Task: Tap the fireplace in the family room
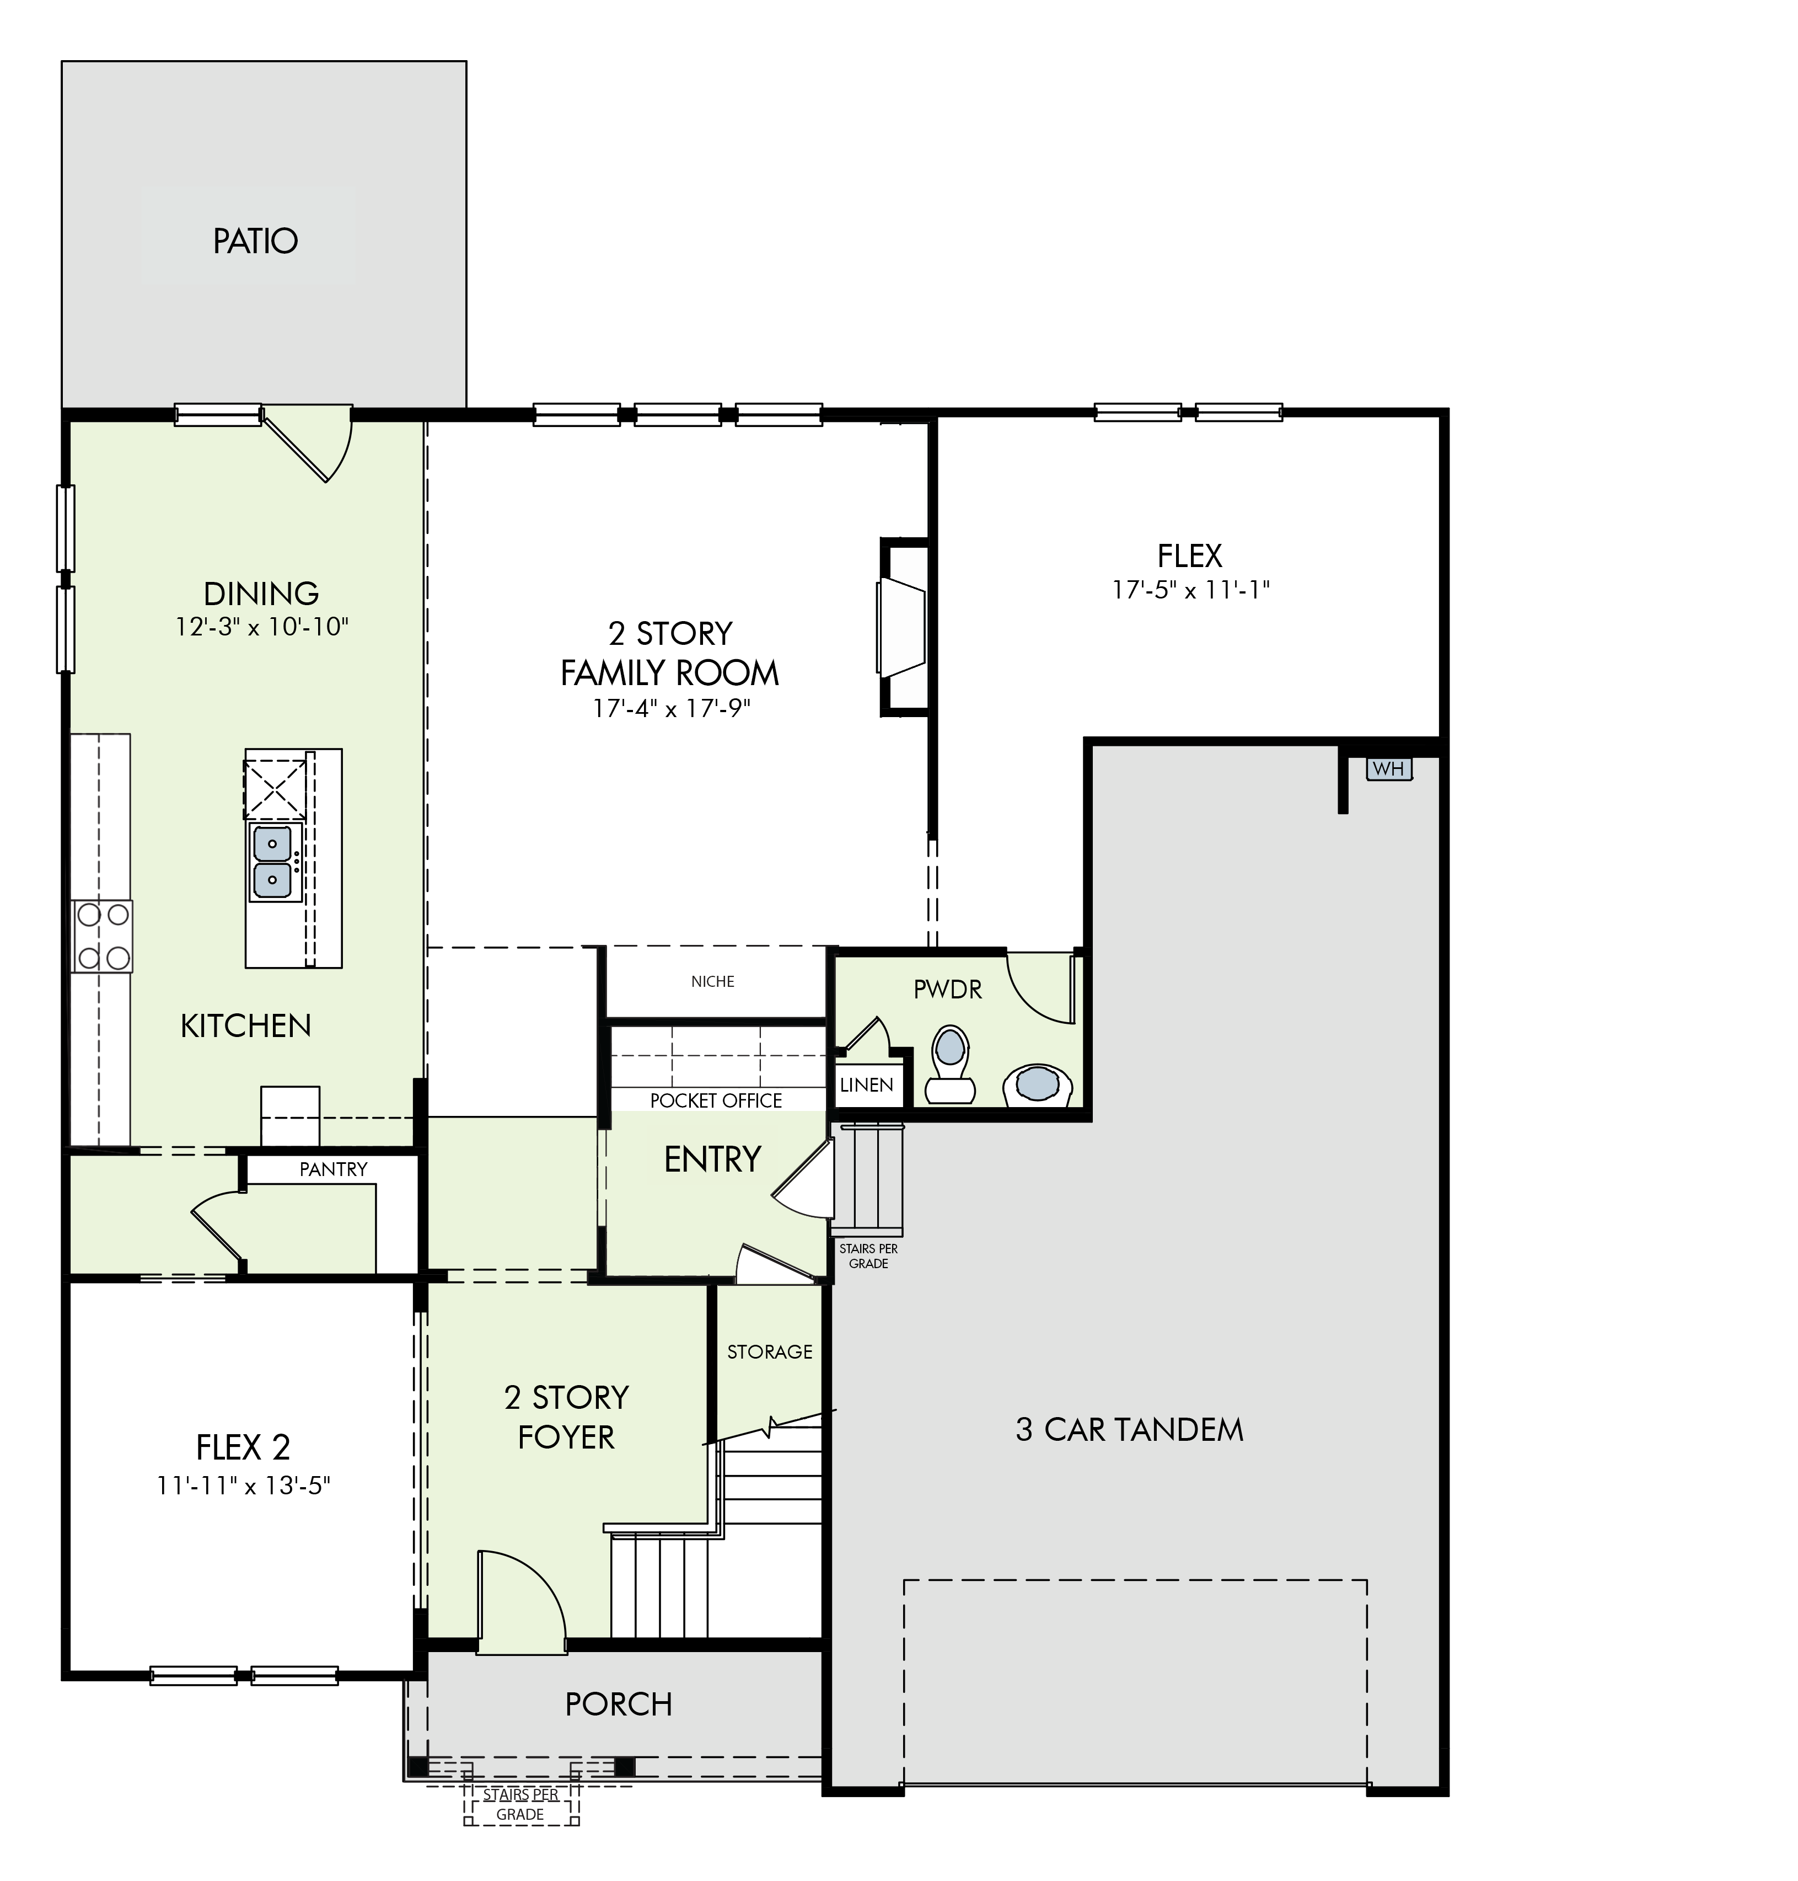[x=903, y=627]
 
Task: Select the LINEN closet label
[x=866, y=1085]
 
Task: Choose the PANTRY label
[x=334, y=1169]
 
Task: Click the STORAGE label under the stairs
[x=770, y=1352]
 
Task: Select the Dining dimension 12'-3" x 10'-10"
[x=262, y=627]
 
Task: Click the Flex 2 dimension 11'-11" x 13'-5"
[x=244, y=1486]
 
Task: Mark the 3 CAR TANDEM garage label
[x=1129, y=1429]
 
